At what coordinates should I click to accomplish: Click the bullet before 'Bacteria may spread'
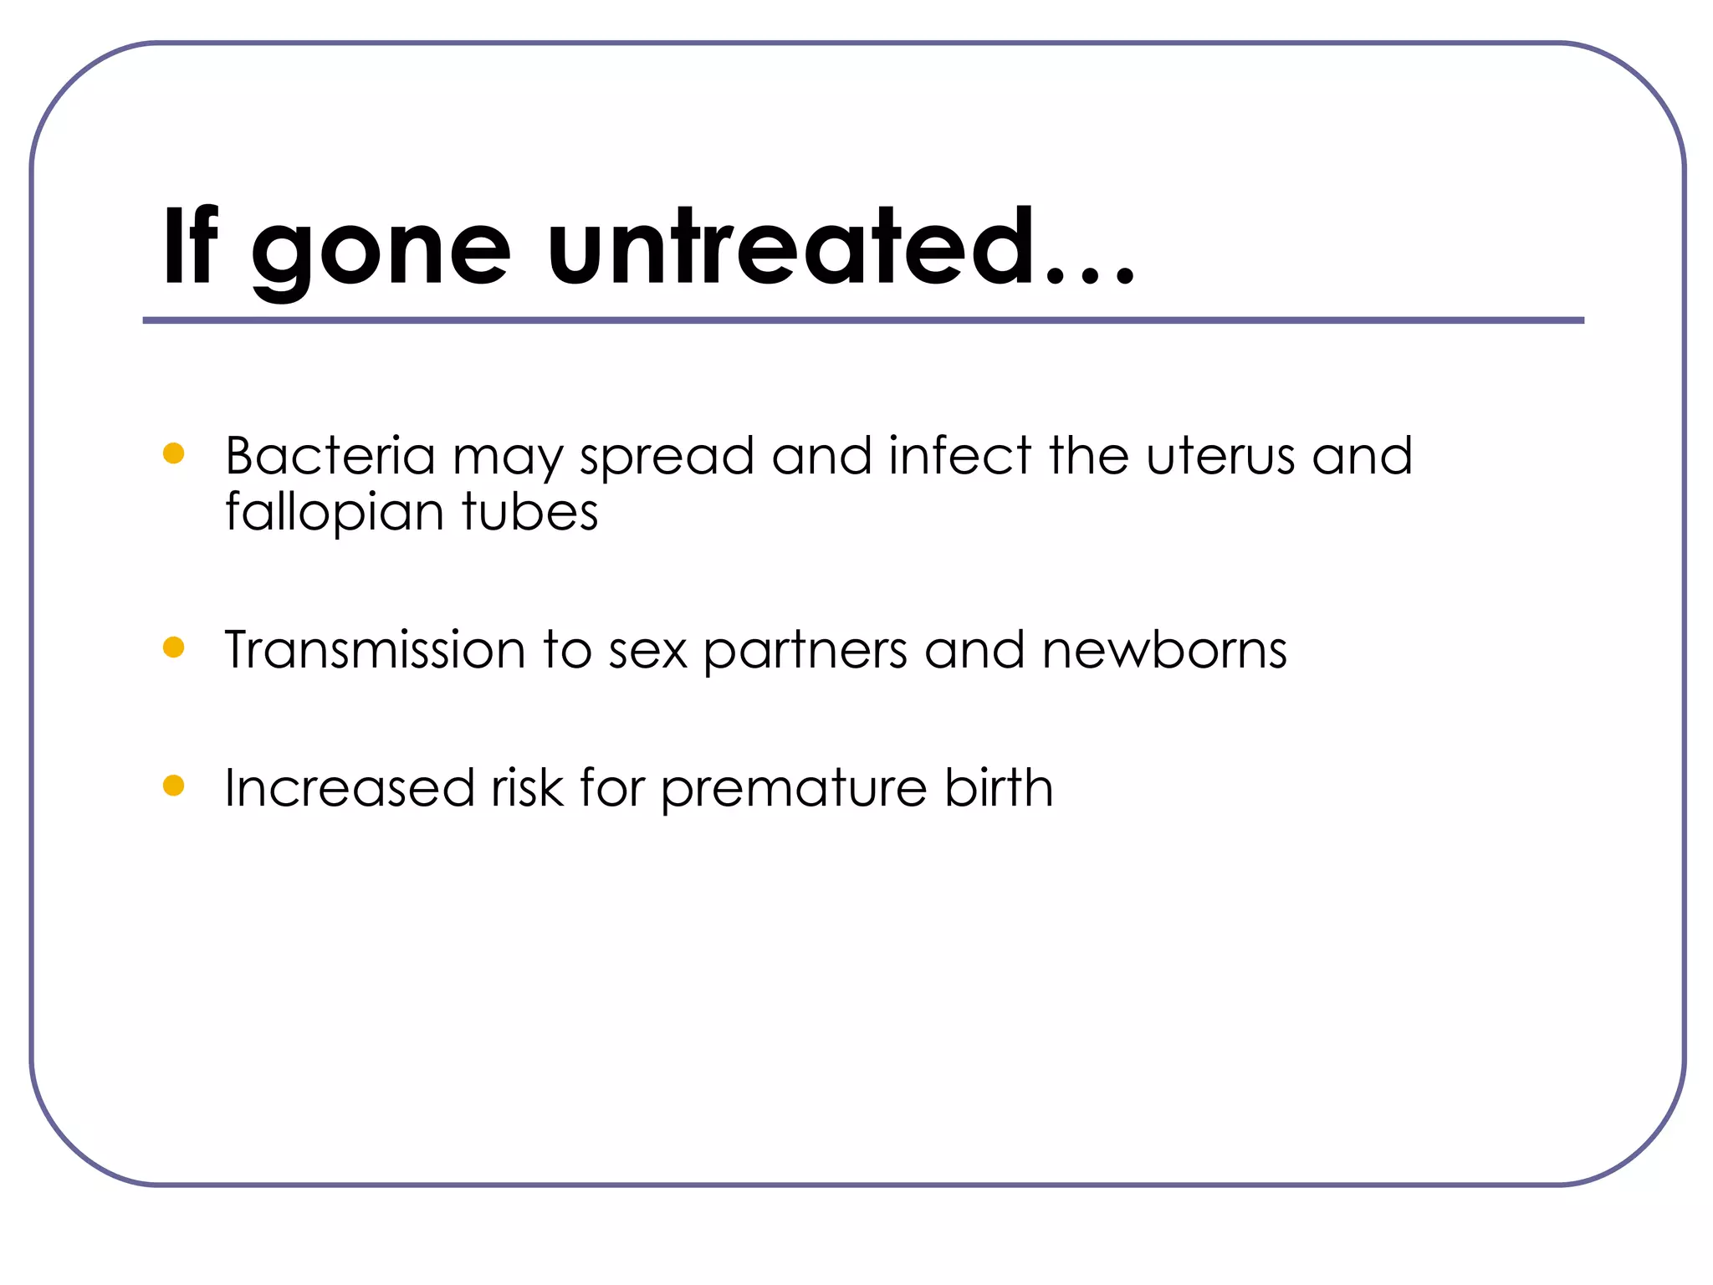[x=173, y=453]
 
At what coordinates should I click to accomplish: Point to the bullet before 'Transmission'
[x=173, y=648]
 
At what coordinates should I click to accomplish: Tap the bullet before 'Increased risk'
[x=173, y=786]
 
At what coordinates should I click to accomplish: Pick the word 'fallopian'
[x=334, y=512]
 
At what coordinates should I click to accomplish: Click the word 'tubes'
[x=529, y=512]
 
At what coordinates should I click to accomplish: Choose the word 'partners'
[x=805, y=651]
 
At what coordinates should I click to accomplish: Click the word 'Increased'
[x=349, y=788]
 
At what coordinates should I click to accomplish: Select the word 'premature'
[x=794, y=790]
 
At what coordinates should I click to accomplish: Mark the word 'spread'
[x=667, y=458]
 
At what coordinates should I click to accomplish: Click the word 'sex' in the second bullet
[x=647, y=651]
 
